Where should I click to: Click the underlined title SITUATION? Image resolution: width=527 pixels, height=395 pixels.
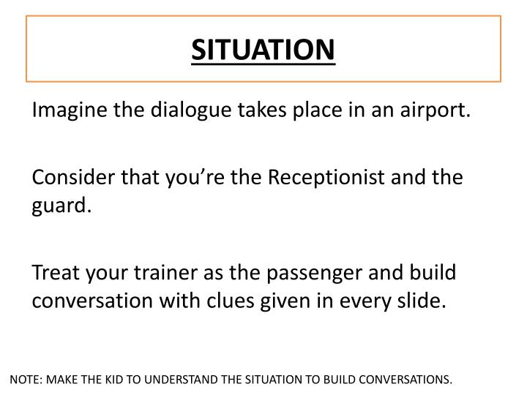coord(263,49)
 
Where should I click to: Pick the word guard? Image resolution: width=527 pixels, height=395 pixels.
coord(61,206)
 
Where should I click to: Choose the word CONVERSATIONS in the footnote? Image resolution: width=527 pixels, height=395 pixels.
coord(406,380)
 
